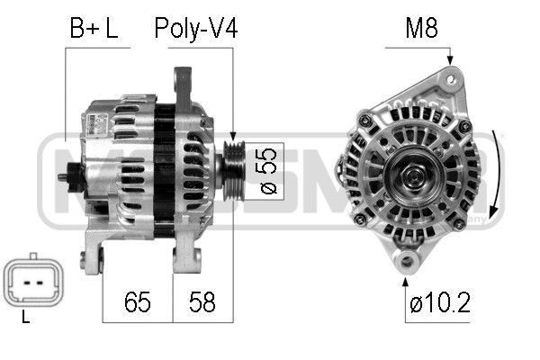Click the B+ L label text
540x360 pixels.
click(94, 29)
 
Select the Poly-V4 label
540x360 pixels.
click(195, 29)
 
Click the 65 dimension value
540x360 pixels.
click(137, 301)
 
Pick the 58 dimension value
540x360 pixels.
click(202, 301)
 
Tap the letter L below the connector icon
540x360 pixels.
click(25, 318)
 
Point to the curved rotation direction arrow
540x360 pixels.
click(496, 171)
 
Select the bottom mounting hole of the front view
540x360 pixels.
click(408, 262)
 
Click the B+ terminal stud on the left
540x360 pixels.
click(64, 177)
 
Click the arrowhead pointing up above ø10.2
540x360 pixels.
click(408, 277)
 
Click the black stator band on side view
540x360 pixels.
click(164, 171)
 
